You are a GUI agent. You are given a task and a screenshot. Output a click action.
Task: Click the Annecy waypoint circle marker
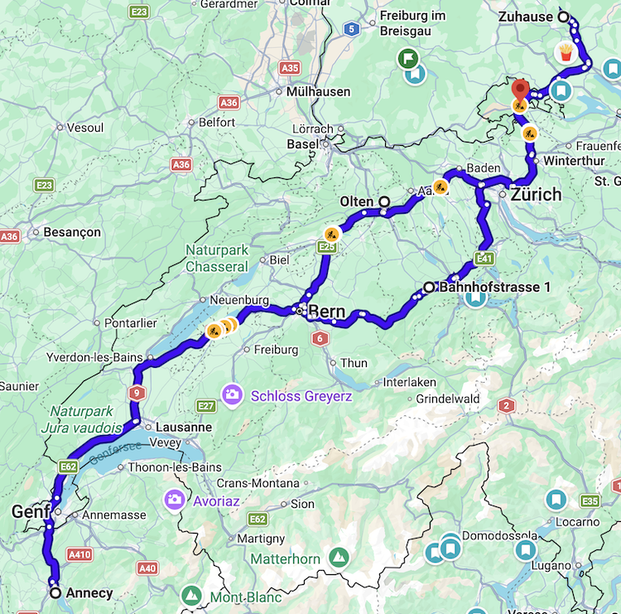[55, 593]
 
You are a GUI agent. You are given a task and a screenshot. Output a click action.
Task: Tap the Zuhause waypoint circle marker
[563, 17]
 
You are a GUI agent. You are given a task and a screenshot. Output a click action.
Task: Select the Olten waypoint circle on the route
[384, 201]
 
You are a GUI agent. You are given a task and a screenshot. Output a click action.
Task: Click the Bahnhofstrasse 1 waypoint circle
[429, 287]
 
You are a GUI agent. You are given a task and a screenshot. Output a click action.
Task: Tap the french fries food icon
[565, 53]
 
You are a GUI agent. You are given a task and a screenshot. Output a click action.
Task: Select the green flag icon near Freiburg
[407, 58]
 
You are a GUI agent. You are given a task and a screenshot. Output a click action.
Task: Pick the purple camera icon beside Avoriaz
[174, 499]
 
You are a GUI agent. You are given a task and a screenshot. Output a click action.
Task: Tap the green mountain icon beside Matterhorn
[338, 558]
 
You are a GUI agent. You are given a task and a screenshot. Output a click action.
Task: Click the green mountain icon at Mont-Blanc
[191, 595]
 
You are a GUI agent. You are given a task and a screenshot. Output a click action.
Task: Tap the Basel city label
[302, 144]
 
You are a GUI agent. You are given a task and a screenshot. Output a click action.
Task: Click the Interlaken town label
[409, 383]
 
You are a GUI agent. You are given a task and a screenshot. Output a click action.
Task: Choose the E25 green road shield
[327, 247]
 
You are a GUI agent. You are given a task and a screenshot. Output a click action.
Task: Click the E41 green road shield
[485, 259]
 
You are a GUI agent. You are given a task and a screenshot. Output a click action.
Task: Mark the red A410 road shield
[79, 554]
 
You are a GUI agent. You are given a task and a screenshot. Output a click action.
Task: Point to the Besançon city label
[72, 232]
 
